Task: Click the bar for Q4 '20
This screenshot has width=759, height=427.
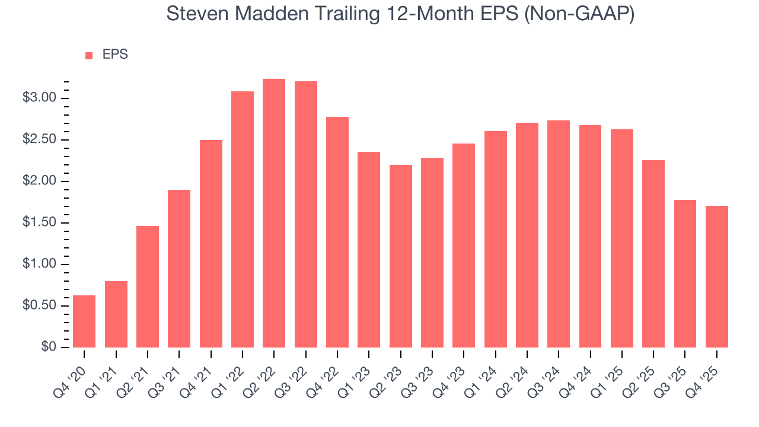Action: [84, 321]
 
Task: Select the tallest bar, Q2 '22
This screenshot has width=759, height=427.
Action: [274, 213]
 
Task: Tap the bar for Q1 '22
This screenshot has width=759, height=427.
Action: [243, 219]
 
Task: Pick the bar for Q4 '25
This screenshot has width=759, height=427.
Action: [717, 276]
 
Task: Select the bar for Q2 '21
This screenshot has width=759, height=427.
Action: [148, 286]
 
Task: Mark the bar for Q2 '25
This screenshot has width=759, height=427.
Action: [653, 254]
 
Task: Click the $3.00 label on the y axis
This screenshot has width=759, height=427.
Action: [39, 98]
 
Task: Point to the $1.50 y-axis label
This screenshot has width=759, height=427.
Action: [39, 223]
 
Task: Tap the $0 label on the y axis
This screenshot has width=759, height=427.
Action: [49, 348]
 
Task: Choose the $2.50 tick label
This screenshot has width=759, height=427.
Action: [39, 140]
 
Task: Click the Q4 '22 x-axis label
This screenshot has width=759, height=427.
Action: [326, 372]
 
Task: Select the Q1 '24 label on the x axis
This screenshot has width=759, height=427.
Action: [484, 372]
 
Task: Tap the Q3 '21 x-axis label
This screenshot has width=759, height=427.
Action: [167, 372]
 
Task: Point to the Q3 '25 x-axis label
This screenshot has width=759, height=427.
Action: [674, 372]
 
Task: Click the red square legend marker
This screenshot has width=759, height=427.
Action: [89, 55]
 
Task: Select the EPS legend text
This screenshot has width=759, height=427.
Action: [115, 55]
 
